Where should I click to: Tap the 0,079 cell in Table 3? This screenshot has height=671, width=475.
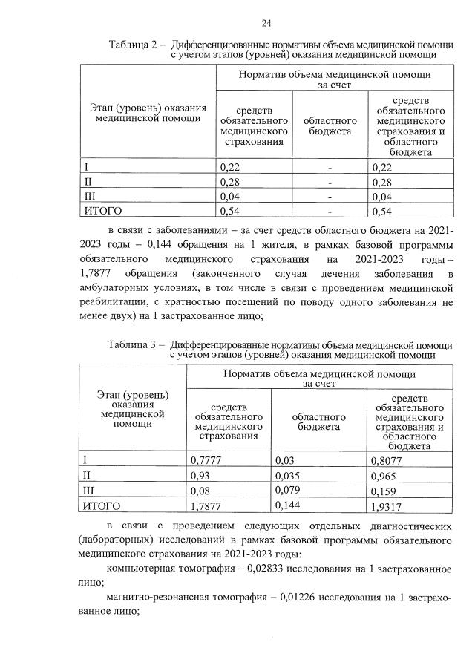point(289,490)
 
